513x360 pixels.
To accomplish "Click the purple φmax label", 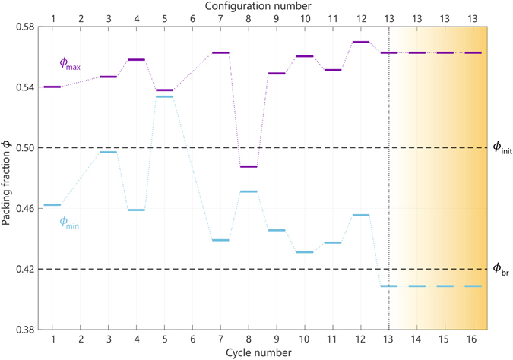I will pyautogui.click(x=70, y=64).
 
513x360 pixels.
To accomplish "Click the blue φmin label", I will pyautogui.click(x=69, y=223).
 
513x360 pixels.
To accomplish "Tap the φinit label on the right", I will pyautogui.click(x=502, y=149).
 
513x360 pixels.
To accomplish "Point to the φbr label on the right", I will pyautogui.click(x=500, y=270).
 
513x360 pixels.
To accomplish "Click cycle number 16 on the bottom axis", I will pyautogui.click(x=473, y=339).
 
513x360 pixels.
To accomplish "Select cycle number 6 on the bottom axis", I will pyautogui.click(x=192, y=339).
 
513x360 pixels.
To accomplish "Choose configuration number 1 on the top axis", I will pyautogui.click(x=52, y=18).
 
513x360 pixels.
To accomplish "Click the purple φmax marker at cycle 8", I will pyautogui.click(x=249, y=166).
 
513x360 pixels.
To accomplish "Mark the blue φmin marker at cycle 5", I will pyautogui.click(x=164, y=96).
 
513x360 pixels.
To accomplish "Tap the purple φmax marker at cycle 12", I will pyautogui.click(x=361, y=42).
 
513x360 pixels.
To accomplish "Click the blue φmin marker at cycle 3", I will pyautogui.click(x=108, y=152).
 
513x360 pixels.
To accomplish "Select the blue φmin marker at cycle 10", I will pyautogui.click(x=305, y=251).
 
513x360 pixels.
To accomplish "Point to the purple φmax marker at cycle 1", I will pyautogui.click(x=52, y=87).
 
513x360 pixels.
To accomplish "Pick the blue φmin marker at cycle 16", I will pyautogui.click(x=473, y=286).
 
